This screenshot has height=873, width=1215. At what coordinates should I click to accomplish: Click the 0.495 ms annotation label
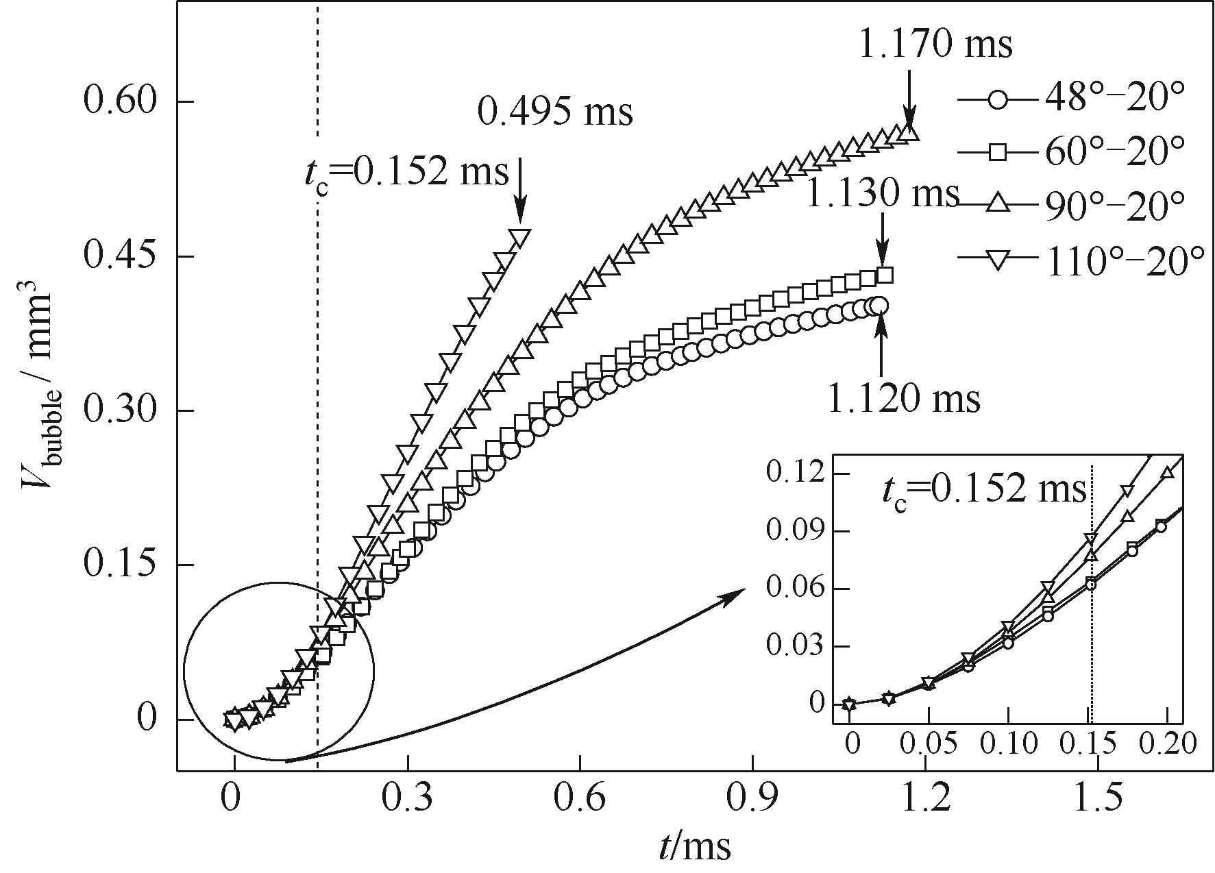point(554,112)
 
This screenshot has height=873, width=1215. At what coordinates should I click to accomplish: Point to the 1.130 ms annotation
point(882,194)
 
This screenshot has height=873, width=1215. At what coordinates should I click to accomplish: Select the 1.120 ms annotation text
point(904,398)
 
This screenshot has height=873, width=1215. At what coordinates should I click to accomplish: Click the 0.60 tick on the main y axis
point(120,101)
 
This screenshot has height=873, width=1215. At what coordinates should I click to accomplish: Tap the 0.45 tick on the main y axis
point(120,256)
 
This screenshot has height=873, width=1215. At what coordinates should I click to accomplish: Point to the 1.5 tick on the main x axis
point(1099,799)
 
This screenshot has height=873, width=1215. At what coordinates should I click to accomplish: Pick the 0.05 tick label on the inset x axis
point(929,743)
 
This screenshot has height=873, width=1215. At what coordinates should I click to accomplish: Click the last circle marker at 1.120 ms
point(880,305)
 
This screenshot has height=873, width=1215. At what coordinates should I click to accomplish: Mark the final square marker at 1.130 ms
point(885,275)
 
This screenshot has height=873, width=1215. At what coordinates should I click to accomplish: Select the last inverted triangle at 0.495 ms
point(520,238)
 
